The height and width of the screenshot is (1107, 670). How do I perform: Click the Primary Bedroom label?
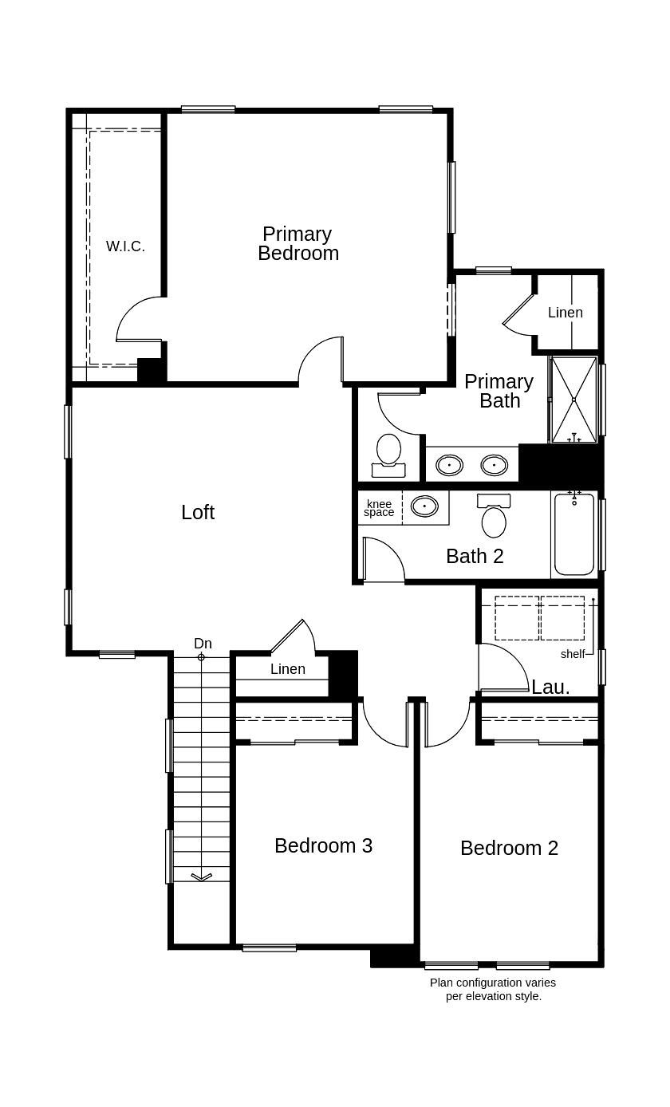tap(298, 243)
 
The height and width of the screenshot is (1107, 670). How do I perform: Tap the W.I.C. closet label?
tap(125, 246)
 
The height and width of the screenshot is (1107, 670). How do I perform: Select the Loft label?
tap(197, 512)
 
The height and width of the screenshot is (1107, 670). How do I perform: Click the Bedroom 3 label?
tap(323, 845)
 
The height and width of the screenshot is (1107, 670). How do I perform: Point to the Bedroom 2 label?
tap(509, 848)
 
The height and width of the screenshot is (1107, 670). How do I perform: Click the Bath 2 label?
tap(475, 556)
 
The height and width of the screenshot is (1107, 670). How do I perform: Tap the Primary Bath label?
tap(499, 391)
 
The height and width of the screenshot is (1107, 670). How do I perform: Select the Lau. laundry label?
tap(550, 687)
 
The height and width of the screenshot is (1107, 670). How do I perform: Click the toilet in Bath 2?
tap(494, 518)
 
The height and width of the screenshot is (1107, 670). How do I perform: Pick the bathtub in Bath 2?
tap(574, 534)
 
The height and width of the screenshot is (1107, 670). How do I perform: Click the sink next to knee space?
tap(424, 506)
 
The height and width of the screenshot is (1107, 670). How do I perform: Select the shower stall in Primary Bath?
tap(573, 400)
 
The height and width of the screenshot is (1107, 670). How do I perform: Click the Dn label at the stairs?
tap(203, 644)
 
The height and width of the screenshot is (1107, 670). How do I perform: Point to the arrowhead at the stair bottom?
tap(201, 877)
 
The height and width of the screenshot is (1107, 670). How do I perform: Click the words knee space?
tap(379, 508)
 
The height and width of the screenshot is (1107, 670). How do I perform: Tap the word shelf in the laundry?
tap(573, 654)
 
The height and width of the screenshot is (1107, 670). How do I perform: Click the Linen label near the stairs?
tap(287, 669)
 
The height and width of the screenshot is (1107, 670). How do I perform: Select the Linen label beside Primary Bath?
tap(565, 313)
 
